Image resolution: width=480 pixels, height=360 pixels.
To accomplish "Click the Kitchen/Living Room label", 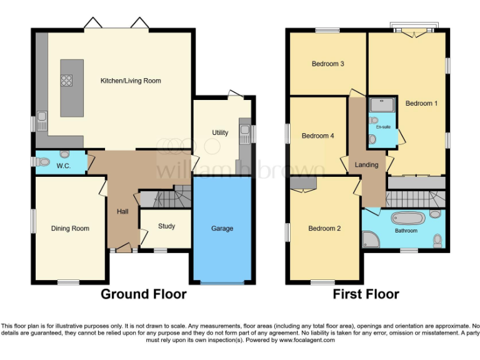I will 131,81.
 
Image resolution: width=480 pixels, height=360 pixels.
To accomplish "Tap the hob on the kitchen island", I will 66,80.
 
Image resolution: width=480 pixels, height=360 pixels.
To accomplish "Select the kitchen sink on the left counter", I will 42,119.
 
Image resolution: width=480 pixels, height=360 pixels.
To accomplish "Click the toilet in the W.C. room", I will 43,162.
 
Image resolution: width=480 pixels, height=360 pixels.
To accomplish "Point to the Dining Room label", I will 70,229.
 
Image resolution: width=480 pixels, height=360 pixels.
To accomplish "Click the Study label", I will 166,226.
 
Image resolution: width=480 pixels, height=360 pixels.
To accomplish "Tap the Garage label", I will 222,229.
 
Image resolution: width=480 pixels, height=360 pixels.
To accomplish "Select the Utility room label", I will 220,133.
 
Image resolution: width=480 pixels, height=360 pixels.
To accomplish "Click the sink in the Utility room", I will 244,131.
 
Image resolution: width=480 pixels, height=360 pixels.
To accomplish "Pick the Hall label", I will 122,212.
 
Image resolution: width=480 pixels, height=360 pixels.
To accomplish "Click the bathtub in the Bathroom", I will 407,219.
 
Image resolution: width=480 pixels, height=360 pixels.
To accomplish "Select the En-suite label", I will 382,127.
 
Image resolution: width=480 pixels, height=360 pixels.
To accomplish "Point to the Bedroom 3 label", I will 328,64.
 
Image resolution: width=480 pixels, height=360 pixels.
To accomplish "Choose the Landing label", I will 366,165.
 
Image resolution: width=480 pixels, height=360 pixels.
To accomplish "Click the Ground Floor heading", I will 144,294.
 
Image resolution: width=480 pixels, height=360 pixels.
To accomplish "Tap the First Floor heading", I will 366,294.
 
